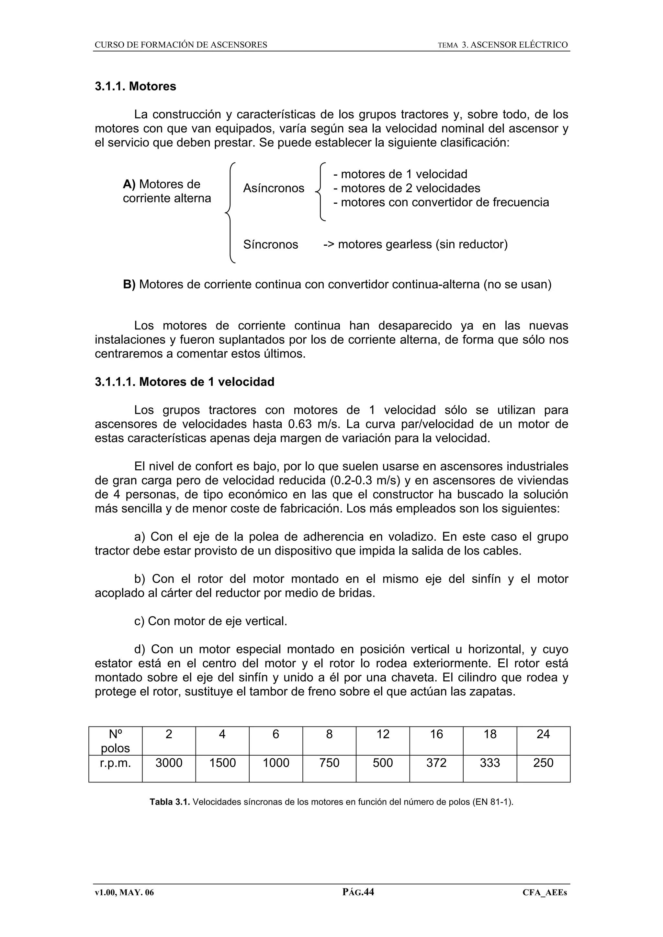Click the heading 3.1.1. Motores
[x=135, y=87]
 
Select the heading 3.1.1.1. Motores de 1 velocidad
[x=184, y=382]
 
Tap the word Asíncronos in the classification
[x=273, y=188]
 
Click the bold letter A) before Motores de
[x=129, y=184]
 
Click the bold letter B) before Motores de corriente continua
[x=129, y=285]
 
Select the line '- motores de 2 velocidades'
[x=407, y=188]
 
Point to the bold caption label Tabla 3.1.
[x=170, y=802]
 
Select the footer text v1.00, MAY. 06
[x=125, y=892]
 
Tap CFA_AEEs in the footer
[x=545, y=892]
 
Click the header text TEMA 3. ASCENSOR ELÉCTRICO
[x=502, y=45]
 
